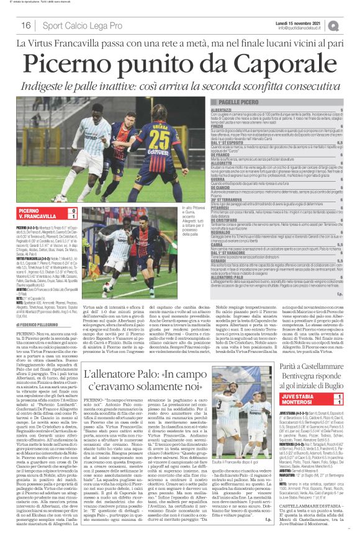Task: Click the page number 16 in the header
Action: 26,25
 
